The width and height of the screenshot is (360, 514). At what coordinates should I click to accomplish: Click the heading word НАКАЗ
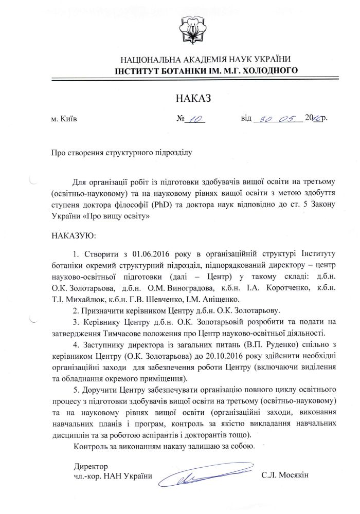pyautogui.click(x=193, y=98)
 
